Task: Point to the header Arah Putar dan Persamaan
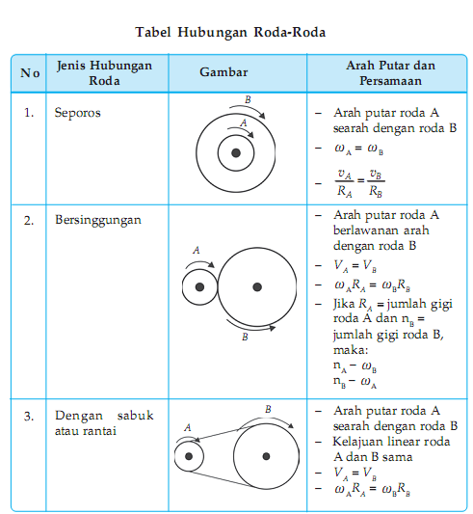point(390,72)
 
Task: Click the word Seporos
point(78,113)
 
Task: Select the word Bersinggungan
point(98,219)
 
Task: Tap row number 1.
point(29,113)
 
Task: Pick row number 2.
point(29,219)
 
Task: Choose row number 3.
point(29,416)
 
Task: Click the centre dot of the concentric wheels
point(235,151)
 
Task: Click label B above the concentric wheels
point(248,99)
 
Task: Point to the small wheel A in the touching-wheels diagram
point(199,287)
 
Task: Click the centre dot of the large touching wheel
point(256,286)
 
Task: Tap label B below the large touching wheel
point(245,337)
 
